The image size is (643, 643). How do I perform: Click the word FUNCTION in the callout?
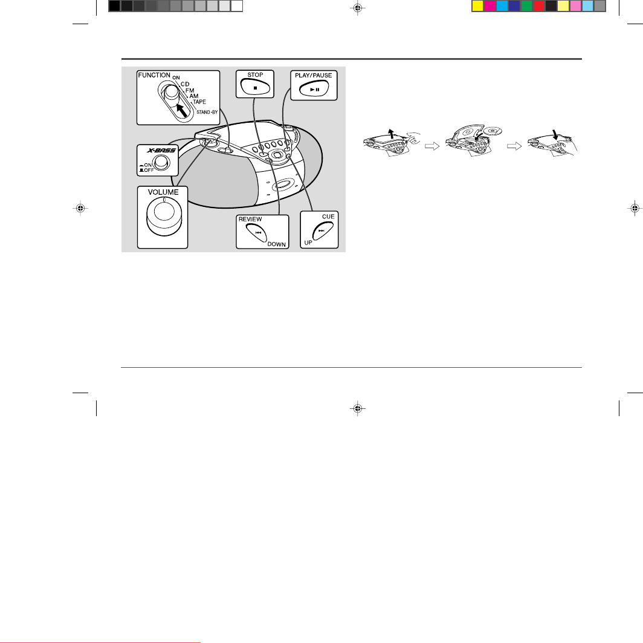(154, 75)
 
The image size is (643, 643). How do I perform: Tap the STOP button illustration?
(255, 87)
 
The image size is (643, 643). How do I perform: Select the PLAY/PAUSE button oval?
(314, 89)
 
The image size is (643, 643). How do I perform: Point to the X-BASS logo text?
(161, 150)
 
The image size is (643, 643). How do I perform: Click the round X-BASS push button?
(161, 163)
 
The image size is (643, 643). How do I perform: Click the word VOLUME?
(163, 192)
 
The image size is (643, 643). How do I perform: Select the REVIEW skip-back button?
(257, 233)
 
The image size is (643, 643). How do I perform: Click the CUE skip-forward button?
(322, 230)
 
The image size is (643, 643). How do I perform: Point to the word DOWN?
(276, 244)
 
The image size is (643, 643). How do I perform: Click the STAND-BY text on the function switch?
(207, 112)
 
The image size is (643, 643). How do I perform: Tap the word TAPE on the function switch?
(199, 102)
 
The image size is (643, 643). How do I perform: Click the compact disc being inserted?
(493, 131)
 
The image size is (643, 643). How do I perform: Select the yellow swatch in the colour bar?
(478, 5)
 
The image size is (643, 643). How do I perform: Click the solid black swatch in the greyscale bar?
(114, 5)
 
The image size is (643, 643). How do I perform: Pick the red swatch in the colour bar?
(539, 5)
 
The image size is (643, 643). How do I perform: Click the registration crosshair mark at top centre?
(358, 8)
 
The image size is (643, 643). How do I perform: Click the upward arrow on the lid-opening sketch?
(392, 133)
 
